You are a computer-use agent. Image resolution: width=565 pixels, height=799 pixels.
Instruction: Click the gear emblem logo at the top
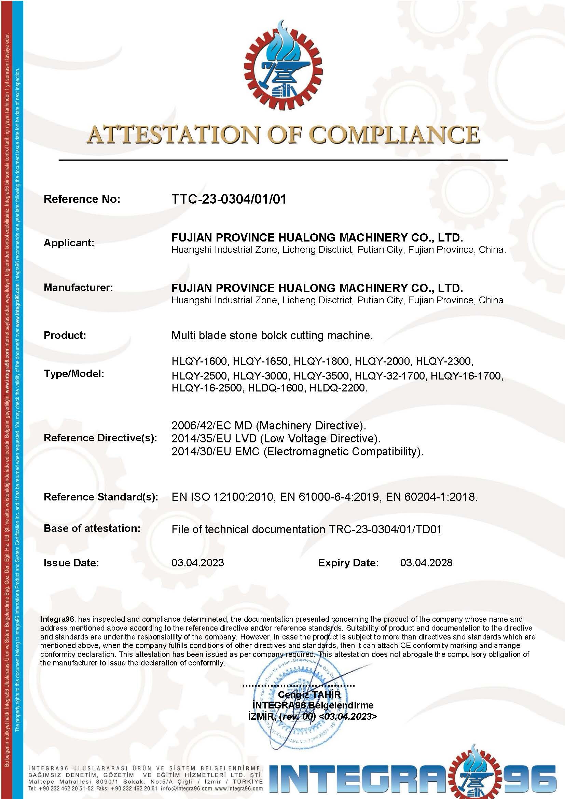[283, 66]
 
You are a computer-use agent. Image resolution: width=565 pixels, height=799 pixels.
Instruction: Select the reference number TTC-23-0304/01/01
[229, 199]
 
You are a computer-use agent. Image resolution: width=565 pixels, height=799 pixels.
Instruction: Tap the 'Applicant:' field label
[69, 243]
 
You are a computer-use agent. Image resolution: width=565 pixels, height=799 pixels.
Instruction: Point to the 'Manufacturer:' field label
[78, 287]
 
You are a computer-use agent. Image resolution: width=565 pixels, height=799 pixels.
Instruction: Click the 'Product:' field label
[65, 335]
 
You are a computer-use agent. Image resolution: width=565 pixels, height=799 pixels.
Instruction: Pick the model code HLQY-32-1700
[390, 376]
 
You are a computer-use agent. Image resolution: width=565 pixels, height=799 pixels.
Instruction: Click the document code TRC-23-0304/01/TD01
[385, 530]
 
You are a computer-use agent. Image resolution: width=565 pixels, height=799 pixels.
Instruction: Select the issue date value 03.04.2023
[197, 563]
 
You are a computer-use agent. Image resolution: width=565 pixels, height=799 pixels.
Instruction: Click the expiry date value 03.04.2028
[426, 563]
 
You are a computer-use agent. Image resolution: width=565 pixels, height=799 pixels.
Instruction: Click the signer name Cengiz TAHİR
[309, 694]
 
